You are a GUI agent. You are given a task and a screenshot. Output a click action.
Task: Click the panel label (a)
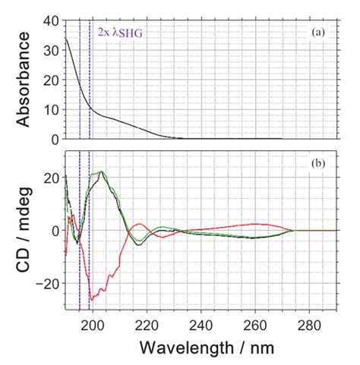318,33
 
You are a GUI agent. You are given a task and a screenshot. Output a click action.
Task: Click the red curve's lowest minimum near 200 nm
92,300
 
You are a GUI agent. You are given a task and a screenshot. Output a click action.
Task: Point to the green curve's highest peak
101,171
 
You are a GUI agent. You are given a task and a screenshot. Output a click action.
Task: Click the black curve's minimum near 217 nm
137,244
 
